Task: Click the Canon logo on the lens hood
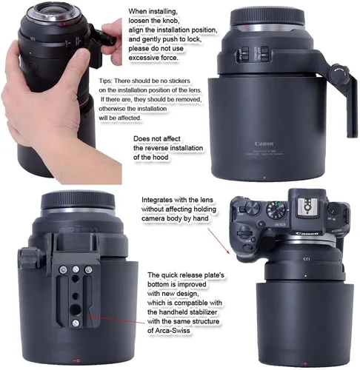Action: pyautogui.click(x=264, y=144)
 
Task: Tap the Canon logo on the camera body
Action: pyautogui.click(x=307, y=233)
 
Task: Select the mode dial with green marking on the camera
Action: pyautogui.click(x=276, y=210)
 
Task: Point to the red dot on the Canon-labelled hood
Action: pyautogui.click(x=264, y=178)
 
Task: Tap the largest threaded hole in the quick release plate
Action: pyautogui.click(x=76, y=309)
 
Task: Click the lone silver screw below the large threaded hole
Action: pyautogui.click(x=76, y=323)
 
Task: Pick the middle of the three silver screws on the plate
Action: pyautogui.click(x=76, y=269)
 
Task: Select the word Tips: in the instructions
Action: pyautogui.click(x=106, y=81)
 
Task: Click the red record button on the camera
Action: pyautogui.click(x=261, y=224)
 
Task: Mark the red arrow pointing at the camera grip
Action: pyautogui.click(x=219, y=241)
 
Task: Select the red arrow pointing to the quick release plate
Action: pyautogui.click(x=117, y=320)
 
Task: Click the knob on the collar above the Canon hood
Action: pyautogui.click(x=339, y=73)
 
